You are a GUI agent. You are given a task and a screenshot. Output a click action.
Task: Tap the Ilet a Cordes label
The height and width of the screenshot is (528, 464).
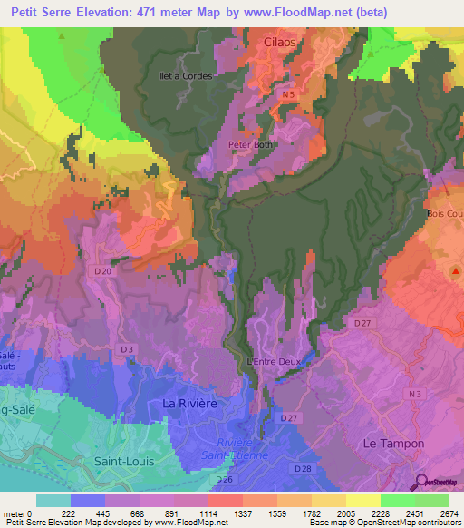tap(185, 76)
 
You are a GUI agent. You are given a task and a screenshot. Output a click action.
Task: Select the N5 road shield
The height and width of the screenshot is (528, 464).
tap(288, 94)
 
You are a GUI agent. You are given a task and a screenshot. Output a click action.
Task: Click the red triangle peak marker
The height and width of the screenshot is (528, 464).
tap(457, 271)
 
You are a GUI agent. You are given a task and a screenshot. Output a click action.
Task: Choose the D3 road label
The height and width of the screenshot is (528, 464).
tap(128, 348)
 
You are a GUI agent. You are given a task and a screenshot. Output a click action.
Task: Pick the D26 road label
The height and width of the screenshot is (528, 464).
tap(225, 479)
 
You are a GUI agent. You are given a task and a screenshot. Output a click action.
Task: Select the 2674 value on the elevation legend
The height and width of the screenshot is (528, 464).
tap(447, 513)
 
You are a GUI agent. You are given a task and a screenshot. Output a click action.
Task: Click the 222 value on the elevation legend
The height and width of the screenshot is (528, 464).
tap(68, 513)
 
